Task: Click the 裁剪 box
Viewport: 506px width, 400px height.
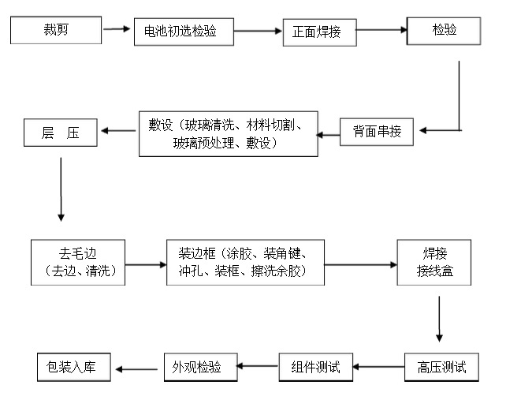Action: tap(56, 32)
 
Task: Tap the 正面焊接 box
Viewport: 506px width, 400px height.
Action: tap(318, 32)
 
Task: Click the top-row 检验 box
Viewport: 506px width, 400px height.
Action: tap(444, 32)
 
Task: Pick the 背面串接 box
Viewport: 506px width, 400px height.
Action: tap(376, 131)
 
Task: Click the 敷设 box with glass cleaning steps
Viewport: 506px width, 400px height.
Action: tap(229, 133)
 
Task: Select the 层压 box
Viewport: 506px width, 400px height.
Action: tap(61, 133)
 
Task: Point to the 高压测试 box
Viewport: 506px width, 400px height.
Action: tap(441, 366)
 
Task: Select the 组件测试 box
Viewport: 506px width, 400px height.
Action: tap(314, 366)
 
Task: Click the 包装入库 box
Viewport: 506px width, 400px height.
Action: tap(75, 366)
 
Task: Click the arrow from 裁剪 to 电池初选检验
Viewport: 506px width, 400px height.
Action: tap(116, 30)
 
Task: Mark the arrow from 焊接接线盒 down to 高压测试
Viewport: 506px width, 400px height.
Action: tap(439, 319)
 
